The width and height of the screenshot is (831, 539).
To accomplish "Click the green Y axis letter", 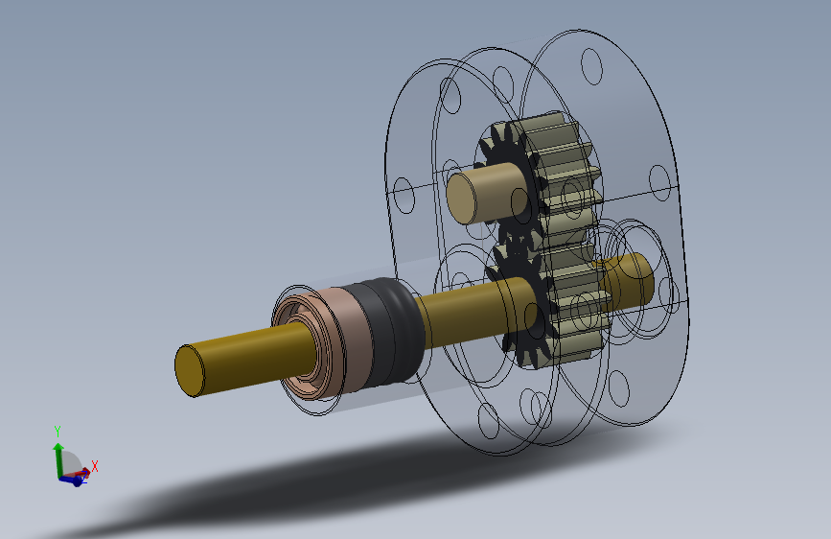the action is [x=58, y=432].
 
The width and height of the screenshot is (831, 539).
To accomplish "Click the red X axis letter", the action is [x=95, y=466].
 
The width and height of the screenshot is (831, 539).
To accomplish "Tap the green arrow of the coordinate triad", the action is [x=58, y=459].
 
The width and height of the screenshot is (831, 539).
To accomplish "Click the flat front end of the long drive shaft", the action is [x=190, y=370].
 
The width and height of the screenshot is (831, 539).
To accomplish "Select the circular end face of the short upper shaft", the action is [x=461, y=199].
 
